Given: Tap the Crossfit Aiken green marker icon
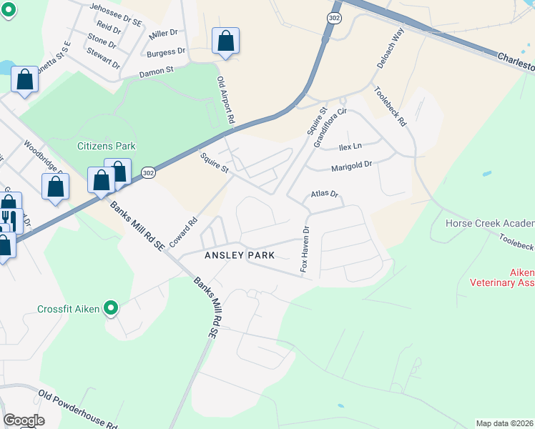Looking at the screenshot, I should tap(110, 309).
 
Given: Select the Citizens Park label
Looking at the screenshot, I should tap(107, 146).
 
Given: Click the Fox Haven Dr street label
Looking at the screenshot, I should tap(304, 250).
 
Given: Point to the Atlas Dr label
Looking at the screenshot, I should tap(324, 194).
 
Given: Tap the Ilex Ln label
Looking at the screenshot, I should tap(350, 147).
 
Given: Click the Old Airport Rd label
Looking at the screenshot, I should tap(226, 103).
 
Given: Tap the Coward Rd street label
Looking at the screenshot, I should tap(183, 230).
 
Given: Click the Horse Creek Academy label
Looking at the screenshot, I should tap(489, 223).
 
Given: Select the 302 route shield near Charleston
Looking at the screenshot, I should tap(334, 16).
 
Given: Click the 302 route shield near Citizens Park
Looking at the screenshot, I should tap(147, 173).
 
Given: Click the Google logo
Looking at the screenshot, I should tap(24, 420).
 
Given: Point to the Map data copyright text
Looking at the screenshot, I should tap(504, 423).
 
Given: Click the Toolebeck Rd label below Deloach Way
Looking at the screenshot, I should tap(390, 107).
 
